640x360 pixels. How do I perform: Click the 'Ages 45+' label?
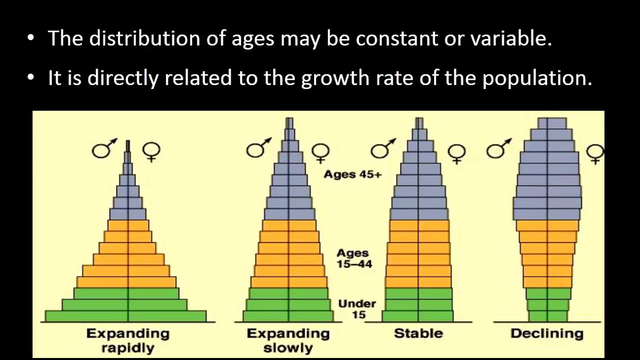point(352,174)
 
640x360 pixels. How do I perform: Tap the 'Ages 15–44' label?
point(354,258)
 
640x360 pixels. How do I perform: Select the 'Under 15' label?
point(357,309)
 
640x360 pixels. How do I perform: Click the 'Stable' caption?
point(418,333)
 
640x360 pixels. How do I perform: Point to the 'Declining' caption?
point(547,333)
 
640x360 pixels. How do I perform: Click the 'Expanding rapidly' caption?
point(128,341)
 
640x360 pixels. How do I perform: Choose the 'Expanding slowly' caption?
point(288,341)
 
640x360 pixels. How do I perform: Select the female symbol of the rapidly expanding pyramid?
point(151,151)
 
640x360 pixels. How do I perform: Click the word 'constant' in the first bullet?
point(396,38)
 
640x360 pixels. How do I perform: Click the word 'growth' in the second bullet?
point(335,77)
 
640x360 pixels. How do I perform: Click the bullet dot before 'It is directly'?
point(30,77)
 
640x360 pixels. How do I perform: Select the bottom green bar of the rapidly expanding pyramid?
point(125,316)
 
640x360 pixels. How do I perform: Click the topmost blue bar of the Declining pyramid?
point(552,123)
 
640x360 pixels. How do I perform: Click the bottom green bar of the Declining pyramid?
point(548,316)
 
